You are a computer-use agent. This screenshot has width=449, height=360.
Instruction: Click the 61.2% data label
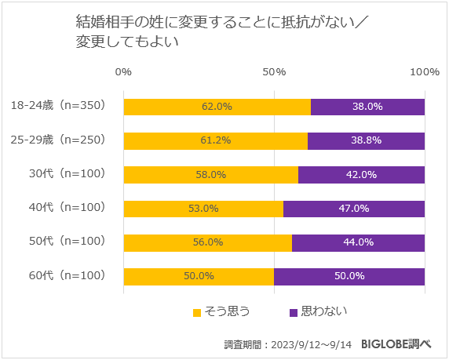click(216, 140)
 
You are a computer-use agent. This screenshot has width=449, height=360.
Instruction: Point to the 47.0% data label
click(353, 209)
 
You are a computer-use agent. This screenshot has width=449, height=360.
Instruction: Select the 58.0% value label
click(211, 174)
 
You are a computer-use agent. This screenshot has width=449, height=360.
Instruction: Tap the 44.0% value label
click(357, 242)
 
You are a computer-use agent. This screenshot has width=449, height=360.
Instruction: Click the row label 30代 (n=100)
click(65, 173)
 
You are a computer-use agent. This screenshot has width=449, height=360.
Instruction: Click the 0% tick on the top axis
click(123, 72)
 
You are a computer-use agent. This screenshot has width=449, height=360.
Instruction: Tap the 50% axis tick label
click(274, 72)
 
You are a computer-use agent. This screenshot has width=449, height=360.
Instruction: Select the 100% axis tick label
click(425, 72)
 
